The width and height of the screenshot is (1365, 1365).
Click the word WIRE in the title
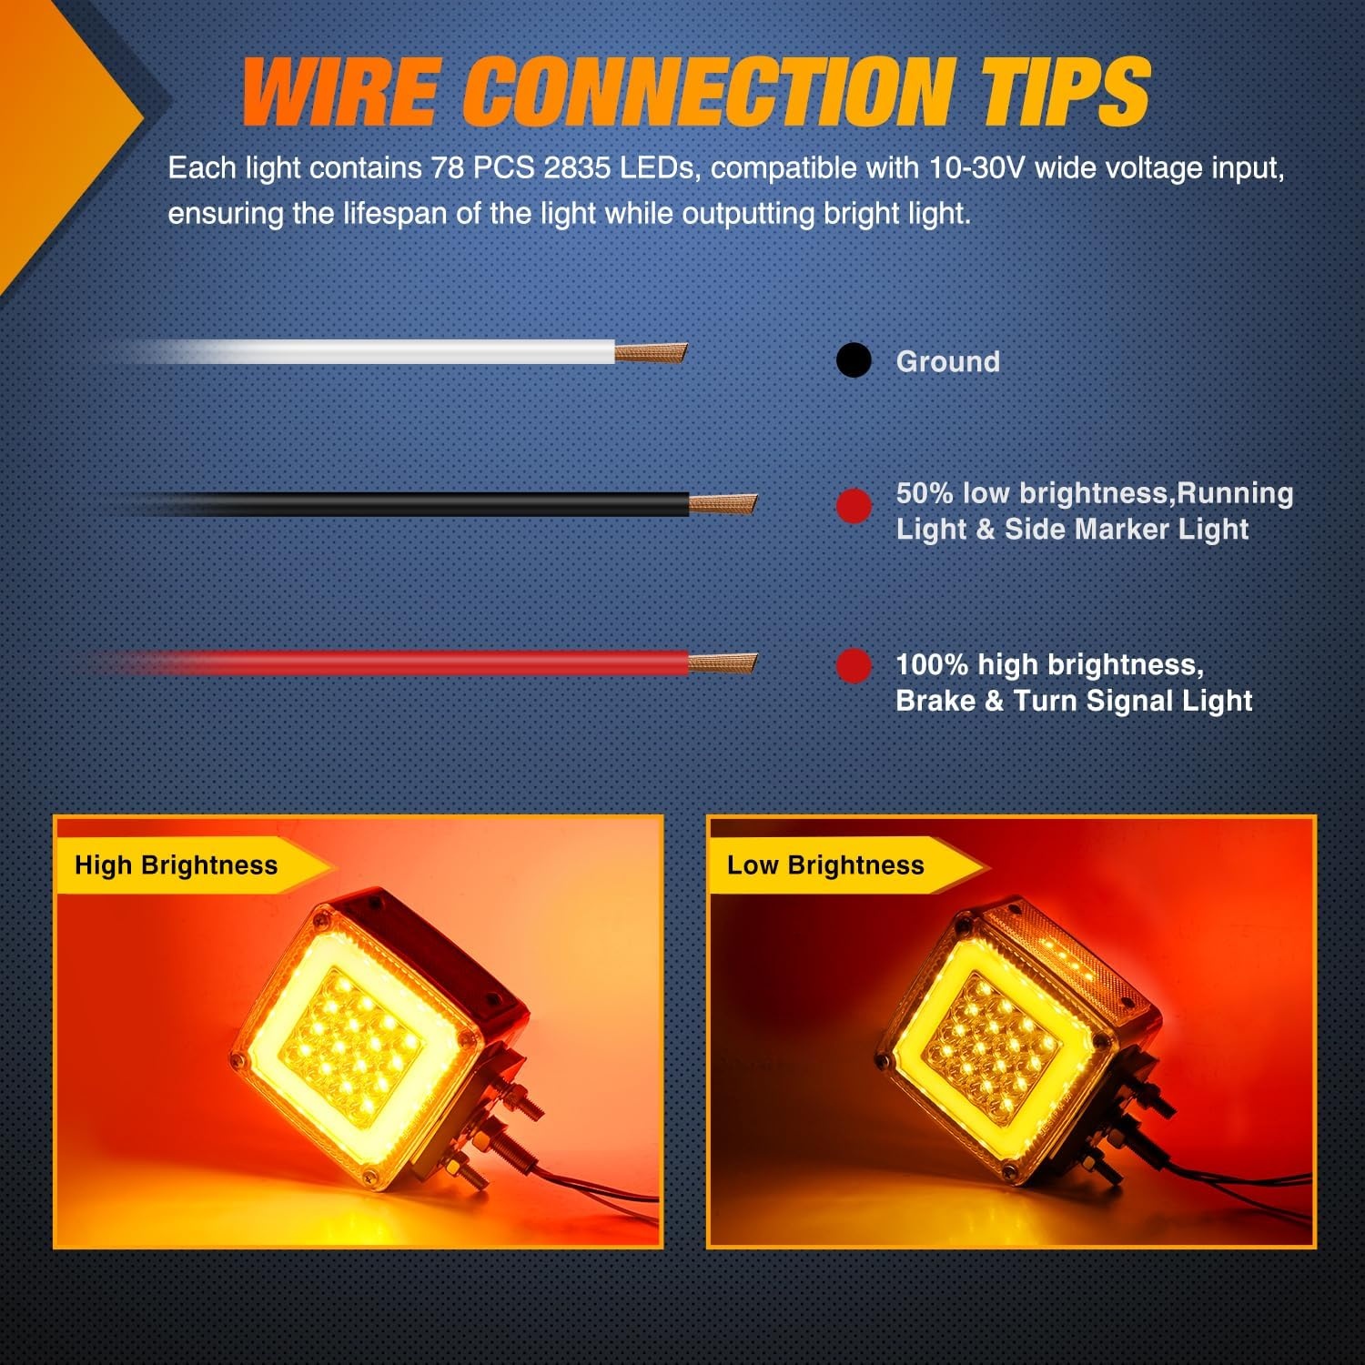(x=340, y=91)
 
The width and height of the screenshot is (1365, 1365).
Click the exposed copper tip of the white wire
(x=651, y=352)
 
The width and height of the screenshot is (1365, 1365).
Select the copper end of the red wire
(x=723, y=662)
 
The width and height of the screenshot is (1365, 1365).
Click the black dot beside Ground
(x=854, y=360)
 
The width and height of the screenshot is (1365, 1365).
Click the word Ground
(x=948, y=361)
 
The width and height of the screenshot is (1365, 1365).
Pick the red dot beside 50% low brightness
(x=854, y=506)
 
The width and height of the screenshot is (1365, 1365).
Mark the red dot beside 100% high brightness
(x=854, y=665)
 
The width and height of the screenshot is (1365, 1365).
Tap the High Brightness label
(x=177, y=864)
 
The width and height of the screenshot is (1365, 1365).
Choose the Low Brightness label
(x=825, y=864)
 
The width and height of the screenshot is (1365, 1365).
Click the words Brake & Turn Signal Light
(x=1074, y=701)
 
